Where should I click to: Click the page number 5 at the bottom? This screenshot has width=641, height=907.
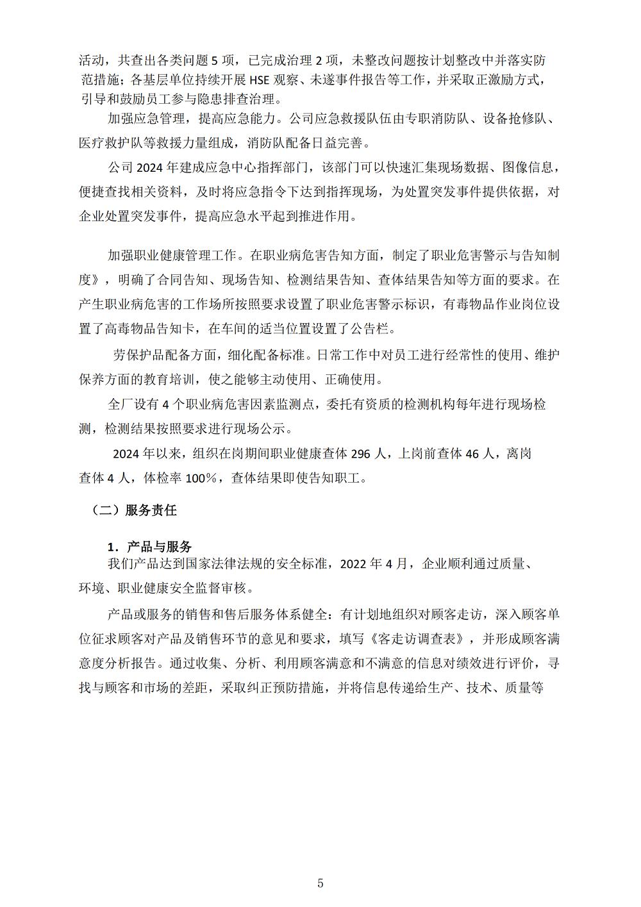320,883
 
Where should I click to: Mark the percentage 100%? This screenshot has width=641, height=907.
204,478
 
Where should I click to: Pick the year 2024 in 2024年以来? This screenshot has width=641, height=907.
126,454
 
